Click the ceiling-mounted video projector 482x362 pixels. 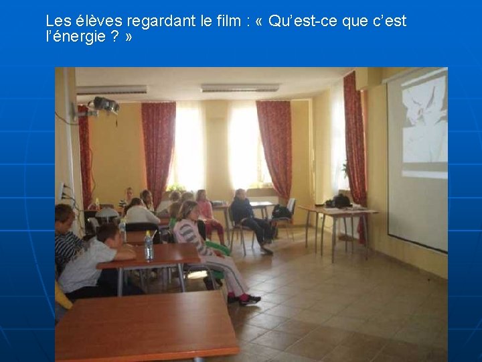tap(104, 105)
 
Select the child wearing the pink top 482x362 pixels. tap(205, 211)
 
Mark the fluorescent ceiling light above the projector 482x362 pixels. tap(112, 90)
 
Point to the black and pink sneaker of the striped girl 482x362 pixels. tap(250, 300)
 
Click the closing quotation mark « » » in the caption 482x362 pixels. tap(128, 37)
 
